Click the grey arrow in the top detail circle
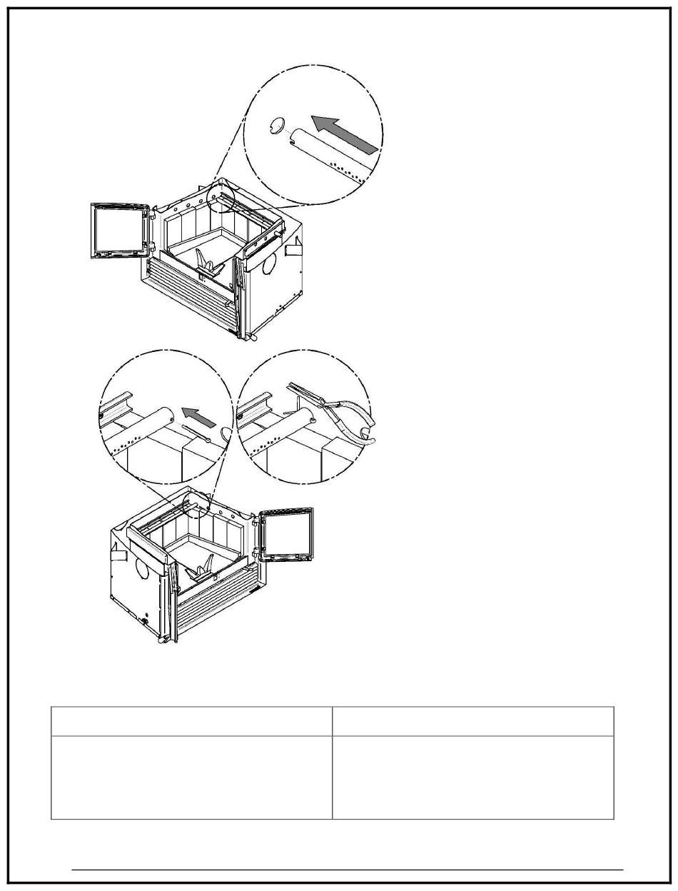click(343, 135)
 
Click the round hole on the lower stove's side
click(141, 568)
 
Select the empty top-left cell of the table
click(191, 721)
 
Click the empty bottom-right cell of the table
click(472, 777)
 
